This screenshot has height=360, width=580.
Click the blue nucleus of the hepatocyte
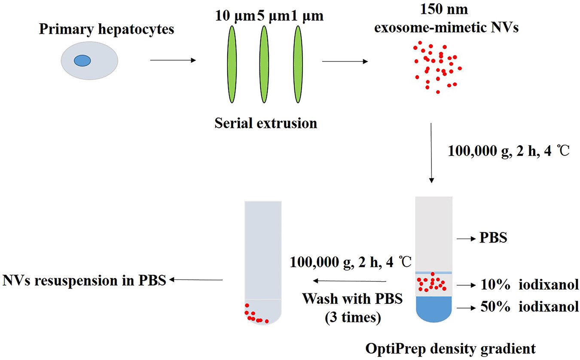click(x=82, y=61)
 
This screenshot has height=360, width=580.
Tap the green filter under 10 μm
click(x=232, y=64)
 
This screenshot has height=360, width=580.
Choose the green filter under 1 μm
click(x=297, y=64)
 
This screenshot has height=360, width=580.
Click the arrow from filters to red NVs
click(x=345, y=61)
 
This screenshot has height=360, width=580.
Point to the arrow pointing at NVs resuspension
click(x=195, y=280)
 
